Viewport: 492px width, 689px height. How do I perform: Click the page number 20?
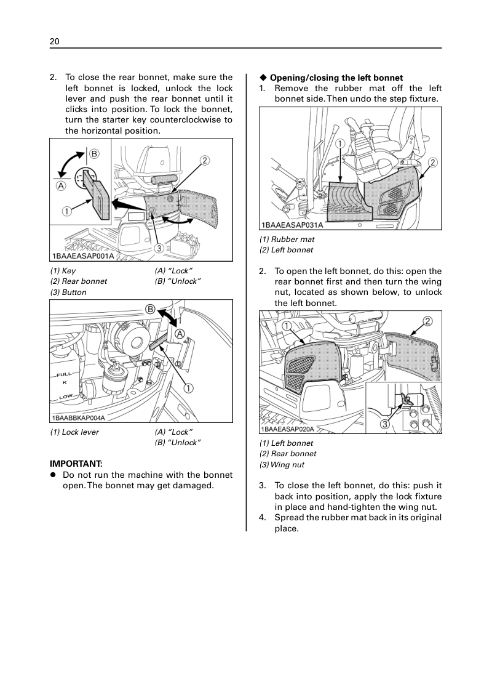pyautogui.click(x=55, y=41)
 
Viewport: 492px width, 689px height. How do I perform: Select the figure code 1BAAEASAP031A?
pyautogui.click(x=292, y=226)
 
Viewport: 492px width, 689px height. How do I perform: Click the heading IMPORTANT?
pyautogui.click(x=76, y=463)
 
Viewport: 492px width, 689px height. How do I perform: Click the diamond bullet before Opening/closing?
pyautogui.click(x=263, y=78)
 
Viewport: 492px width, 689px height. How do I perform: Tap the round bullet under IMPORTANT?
pyautogui.click(x=54, y=475)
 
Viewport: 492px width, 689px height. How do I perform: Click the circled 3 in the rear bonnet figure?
pyautogui.click(x=159, y=248)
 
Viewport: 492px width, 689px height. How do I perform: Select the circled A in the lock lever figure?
pyautogui.click(x=181, y=333)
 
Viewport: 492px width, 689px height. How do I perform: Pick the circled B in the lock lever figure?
pyautogui.click(x=149, y=308)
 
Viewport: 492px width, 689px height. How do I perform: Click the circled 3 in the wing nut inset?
pyautogui.click(x=384, y=424)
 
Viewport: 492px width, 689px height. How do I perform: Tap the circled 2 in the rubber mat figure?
pyautogui.click(x=432, y=163)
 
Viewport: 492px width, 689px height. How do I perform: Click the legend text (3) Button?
pyautogui.click(x=68, y=292)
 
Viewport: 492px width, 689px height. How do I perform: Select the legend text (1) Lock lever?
pyautogui.click(x=74, y=432)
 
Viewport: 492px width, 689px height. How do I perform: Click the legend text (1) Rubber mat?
pyautogui.click(x=287, y=239)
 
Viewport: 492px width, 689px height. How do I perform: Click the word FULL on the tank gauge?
pyautogui.click(x=64, y=374)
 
